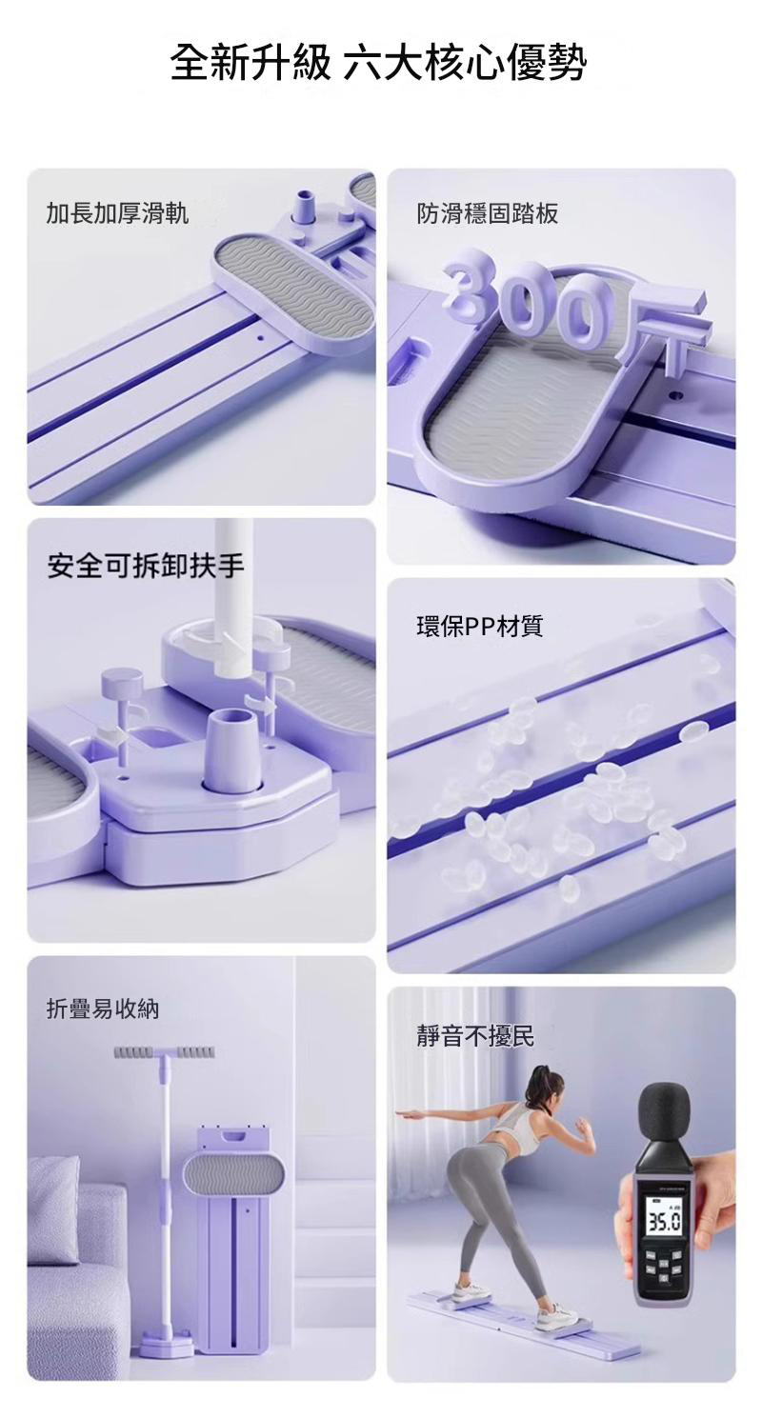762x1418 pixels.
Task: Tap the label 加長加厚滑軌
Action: click(117, 214)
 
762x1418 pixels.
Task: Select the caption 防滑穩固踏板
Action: click(487, 214)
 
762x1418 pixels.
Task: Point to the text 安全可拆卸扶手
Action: click(146, 566)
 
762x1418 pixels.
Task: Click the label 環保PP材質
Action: click(479, 626)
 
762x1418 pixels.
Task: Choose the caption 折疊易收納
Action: click(103, 1009)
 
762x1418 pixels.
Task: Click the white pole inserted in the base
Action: click(233, 596)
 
